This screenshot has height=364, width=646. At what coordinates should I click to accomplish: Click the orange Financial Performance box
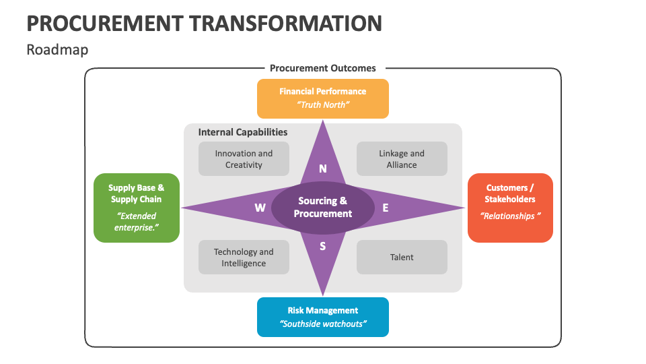point(322,98)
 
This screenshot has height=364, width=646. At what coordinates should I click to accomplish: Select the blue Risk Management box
point(322,317)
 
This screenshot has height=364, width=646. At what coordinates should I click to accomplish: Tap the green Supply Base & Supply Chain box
point(137,208)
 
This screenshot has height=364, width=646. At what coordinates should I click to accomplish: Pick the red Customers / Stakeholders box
point(510,208)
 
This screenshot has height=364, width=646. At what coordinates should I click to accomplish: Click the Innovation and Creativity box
point(244,159)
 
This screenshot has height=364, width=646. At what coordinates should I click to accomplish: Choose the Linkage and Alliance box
point(402,159)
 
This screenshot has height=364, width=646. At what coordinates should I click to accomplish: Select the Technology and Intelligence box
point(244,257)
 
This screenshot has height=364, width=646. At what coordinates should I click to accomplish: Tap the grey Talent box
point(402,257)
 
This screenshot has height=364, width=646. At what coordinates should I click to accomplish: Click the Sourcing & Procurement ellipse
point(323,208)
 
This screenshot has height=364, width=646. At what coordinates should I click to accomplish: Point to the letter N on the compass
point(323,169)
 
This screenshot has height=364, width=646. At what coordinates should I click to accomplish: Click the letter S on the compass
point(323,246)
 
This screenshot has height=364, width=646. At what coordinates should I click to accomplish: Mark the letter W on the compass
point(260,208)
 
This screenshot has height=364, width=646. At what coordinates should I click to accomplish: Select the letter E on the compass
point(386,208)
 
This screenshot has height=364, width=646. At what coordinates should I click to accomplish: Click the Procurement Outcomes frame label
point(323,68)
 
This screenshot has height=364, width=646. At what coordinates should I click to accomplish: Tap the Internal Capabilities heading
point(243,132)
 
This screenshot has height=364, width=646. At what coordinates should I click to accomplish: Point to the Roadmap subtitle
point(57,50)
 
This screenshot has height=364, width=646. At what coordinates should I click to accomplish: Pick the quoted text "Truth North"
point(323,105)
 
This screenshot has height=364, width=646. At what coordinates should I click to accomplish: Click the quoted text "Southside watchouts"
point(323,324)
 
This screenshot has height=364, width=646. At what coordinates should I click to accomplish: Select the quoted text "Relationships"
point(511,216)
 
